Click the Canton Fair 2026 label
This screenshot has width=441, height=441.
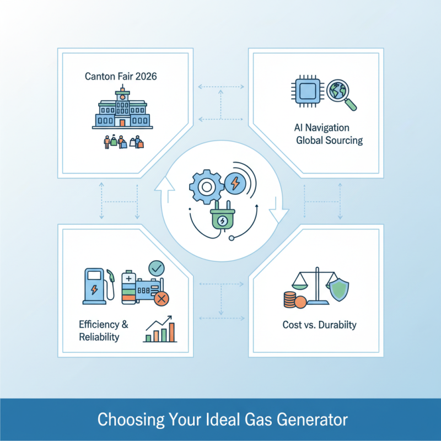pyautogui.click(x=121, y=76)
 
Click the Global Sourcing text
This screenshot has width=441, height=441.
pyautogui.click(x=329, y=140)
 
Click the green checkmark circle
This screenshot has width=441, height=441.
pyautogui.click(x=157, y=268)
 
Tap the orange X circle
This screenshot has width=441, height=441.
pyautogui.click(x=162, y=299)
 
